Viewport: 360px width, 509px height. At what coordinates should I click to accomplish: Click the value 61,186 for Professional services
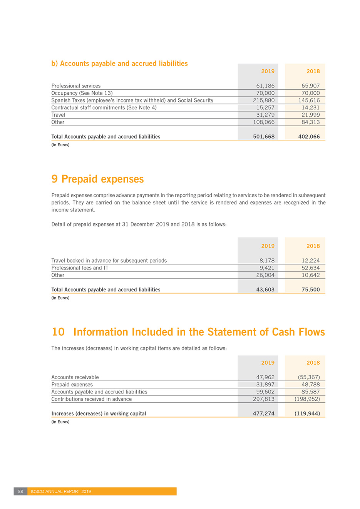coord(265,86)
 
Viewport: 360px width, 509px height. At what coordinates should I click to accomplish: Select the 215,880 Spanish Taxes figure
coord(264,100)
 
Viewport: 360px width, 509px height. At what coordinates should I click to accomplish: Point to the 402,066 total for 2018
coord(309,137)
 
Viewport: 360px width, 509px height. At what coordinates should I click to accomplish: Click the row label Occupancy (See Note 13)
coord(82,93)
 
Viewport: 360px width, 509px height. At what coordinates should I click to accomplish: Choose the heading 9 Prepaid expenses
coord(97,179)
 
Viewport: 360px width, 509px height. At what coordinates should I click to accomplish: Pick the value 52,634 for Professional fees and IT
coord(310,268)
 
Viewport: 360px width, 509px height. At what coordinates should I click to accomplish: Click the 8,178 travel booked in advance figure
coord(267,261)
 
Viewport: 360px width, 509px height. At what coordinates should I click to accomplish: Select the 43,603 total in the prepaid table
coord(265,290)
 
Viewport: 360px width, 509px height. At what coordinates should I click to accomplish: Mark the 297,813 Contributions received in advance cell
coord(264,399)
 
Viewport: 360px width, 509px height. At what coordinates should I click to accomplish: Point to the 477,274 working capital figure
coord(264,414)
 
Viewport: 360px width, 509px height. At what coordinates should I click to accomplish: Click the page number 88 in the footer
coord(20,491)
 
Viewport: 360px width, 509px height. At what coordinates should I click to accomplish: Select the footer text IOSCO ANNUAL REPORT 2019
coord(61,491)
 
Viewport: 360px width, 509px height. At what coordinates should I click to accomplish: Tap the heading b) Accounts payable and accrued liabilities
coord(119,64)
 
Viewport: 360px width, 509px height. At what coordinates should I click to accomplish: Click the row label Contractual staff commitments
coord(104,108)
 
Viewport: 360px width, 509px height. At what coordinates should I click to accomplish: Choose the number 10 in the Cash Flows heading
coord(58,332)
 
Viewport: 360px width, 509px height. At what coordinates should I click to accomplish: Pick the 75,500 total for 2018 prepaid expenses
coord(310,290)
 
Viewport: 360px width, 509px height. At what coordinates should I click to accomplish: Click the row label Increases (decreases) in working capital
coord(99,414)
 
